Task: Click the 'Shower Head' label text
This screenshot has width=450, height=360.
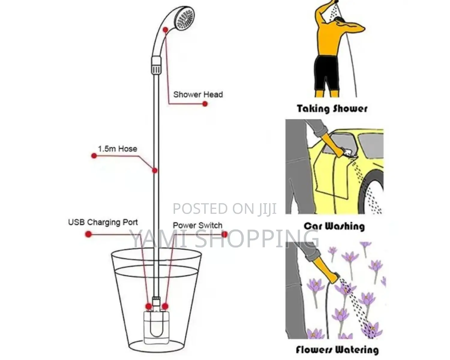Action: tap(198, 94)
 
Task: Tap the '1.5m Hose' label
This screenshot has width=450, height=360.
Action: tap(117, 149)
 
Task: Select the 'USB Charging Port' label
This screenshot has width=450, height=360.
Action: tap(103, 222)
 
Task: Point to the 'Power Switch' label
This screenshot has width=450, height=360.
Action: tap(197, 225)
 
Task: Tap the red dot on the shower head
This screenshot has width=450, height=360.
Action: tap(165, 30)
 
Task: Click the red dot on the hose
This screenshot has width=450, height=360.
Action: tap(155, 171)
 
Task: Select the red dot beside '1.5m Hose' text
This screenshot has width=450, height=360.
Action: tap(94, 156)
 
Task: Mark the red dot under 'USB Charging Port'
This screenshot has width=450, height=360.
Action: tap(88, 234)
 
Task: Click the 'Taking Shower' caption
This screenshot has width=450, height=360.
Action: tap(332, 108)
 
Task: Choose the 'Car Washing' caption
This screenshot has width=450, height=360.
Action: tap(334, 226)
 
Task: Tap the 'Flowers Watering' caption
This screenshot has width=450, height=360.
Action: tap(337, 350)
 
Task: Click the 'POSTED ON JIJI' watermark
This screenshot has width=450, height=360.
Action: tap(224, 209)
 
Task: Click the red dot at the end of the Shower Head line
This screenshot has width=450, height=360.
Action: tap(205, 104)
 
